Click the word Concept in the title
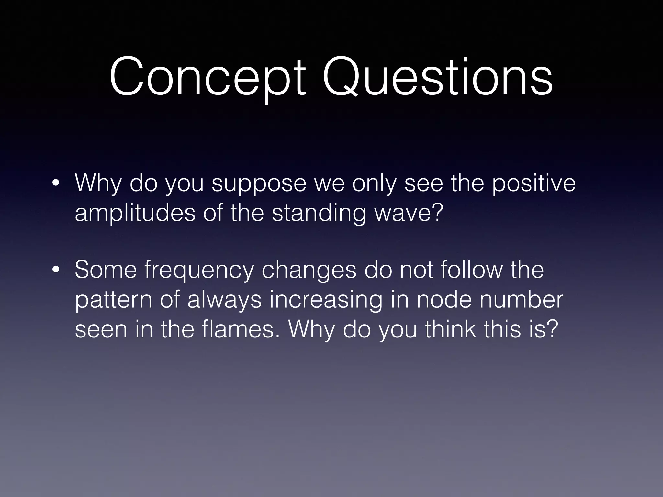coord(207,78)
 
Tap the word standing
coord(319,214)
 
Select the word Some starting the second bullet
coord(106,270)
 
